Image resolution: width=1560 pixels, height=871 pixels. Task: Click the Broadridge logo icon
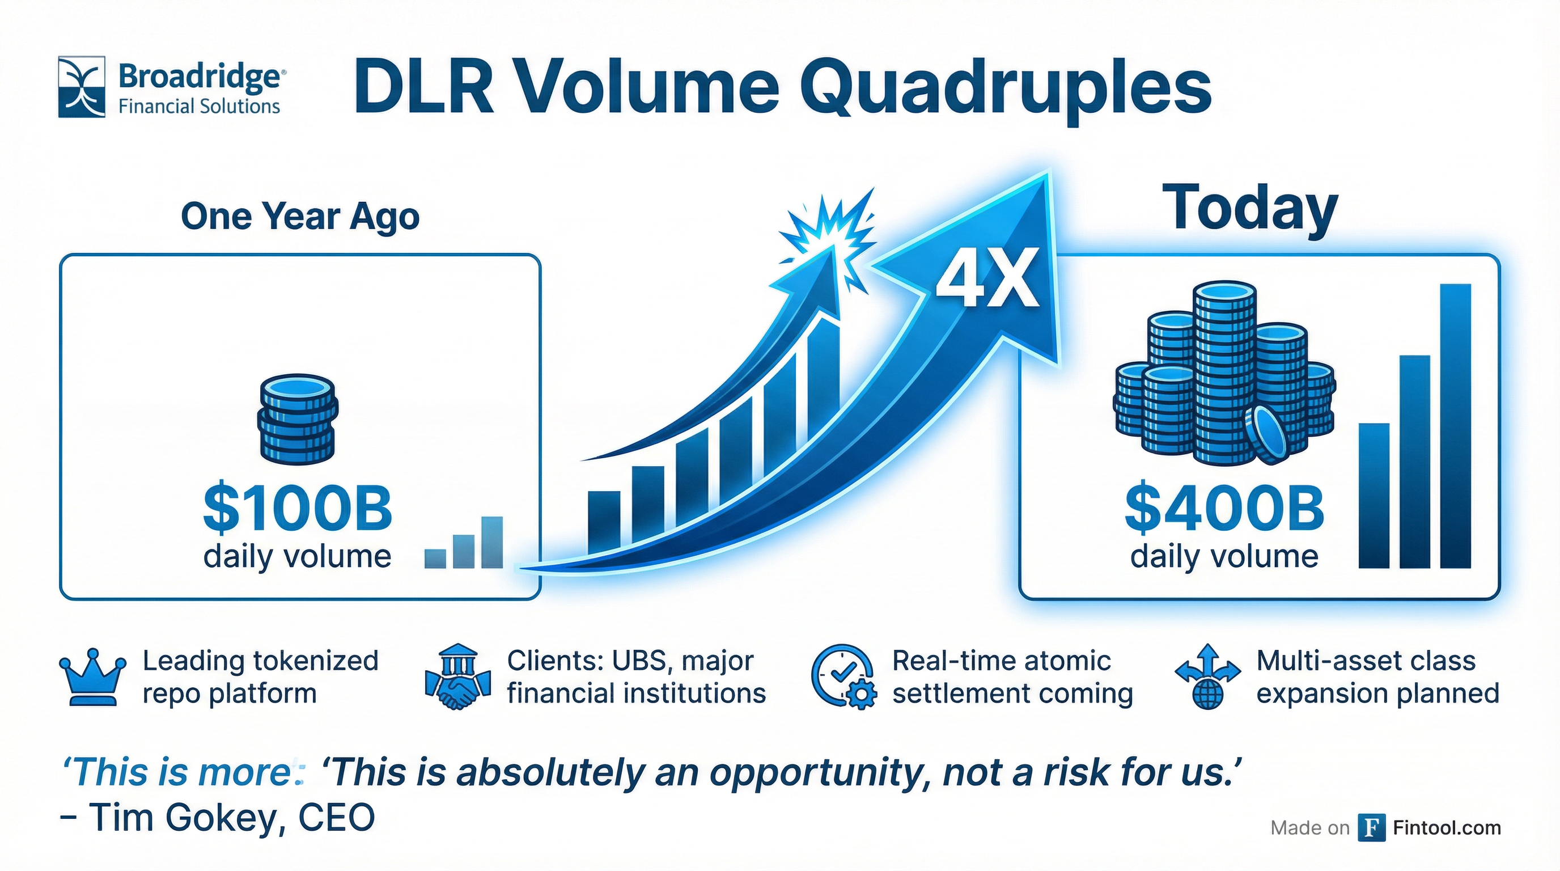pyautogui.click(x=82, y=87)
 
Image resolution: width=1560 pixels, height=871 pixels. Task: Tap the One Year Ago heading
pyautogui.click(x=300, y=217)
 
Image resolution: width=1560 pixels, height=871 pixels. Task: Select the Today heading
pyautogui.click(x=1250, y=210)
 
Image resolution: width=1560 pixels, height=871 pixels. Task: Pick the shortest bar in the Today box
pyautogui.click(x=1374, y=495)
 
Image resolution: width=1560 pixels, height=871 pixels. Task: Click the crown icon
pyautogui.click(x=92, y=677)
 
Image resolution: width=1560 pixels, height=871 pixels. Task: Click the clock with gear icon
pyautogui.click(x=843, y=677)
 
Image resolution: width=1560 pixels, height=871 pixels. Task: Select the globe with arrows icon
pyautogui.click(x=1207, y=677)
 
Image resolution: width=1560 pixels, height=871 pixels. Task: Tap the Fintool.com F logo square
pyautogui.click(x=1371, y=828)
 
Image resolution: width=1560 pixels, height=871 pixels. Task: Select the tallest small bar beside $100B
pyautogui.click(x=491, y=542)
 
